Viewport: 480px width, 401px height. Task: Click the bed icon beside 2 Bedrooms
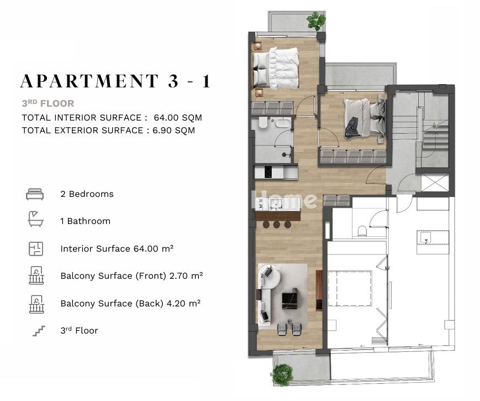(x=35, y=194)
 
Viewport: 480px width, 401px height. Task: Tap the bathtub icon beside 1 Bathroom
(x=35, y=218)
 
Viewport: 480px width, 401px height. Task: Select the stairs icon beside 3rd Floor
(x=39, y=331)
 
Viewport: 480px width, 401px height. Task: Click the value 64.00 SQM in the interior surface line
(x=178, y=118)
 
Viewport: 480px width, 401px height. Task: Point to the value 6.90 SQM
(x=174, y=131)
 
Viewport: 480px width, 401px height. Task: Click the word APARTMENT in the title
(x=89, y=81)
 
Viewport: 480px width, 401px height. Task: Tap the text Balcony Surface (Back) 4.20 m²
(x=130, y=303)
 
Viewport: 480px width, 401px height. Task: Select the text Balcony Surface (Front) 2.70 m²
(x=131, y=275)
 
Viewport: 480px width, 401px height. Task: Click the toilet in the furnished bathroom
(x=263, y=123)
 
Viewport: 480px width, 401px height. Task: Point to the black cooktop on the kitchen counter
(x=268, y=172)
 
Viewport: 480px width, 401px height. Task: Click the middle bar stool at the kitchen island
(x=277, y=225)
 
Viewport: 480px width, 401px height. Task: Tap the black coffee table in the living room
(x=289, y=301)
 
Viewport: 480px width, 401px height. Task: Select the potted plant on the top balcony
(x=316, y=20)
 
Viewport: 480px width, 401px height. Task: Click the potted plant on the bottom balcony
(x=282, y=374)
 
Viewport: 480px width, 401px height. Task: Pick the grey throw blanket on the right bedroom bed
(x=352, y=128)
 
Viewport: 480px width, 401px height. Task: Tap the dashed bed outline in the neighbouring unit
(x=350, y=288)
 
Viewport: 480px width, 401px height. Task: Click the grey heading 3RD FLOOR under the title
(x=48, y=103)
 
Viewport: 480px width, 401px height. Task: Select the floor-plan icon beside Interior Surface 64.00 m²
(x=36, y=249)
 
